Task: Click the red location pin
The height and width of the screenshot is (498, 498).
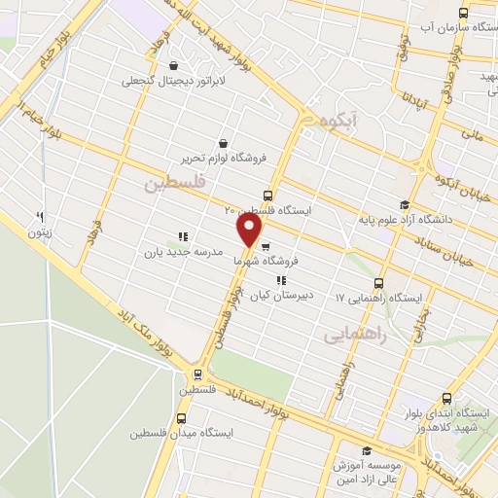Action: (x=250, y=231)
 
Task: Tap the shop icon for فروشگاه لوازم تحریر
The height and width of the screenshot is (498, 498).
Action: (x=224, y=143)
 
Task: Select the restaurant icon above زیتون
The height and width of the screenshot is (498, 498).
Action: (x=41, y=217)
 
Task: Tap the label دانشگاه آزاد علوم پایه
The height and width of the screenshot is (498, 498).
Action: (x=424, y=220)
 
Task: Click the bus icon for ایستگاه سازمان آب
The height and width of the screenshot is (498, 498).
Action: (x=462, y=15)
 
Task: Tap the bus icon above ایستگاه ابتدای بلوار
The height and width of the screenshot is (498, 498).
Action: (x=446, y=398)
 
